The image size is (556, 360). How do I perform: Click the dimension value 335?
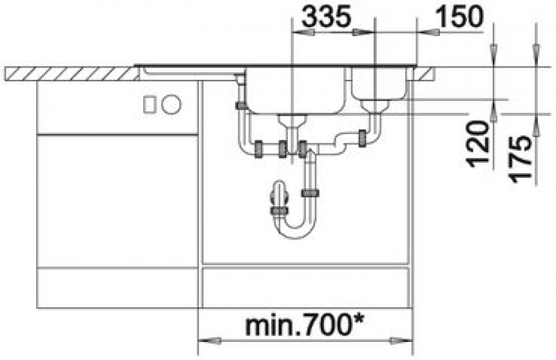[326, 17]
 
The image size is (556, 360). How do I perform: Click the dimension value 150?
[459, 17]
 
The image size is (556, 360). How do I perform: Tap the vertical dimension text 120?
[479, 144]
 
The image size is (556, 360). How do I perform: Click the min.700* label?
[305, 325]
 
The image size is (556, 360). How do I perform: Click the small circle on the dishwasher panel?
[171, 105]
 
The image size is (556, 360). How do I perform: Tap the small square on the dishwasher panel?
[149, 105]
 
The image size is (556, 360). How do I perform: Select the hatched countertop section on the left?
[71, 74]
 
